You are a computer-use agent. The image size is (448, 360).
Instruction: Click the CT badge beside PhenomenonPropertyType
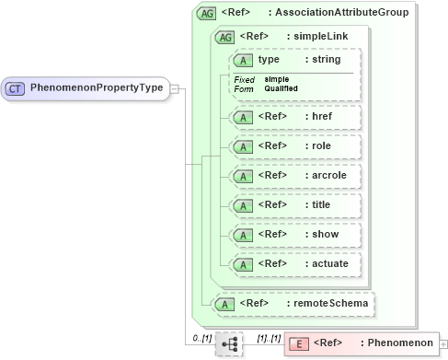pyautogui.click(x=16, y=88)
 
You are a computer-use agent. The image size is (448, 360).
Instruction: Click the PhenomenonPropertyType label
pyautogui.click(x=97, y=88)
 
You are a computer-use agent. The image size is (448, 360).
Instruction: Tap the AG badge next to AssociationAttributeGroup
pyautogui.click(x=207, y=14)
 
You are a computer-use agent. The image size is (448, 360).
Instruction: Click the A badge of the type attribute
pyautogui.click(x=243, y=61)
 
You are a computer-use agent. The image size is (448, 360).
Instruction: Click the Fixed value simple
pyautogui.click(x=276, y=79)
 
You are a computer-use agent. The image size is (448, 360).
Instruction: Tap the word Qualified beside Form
pyautogui.click(x=281, y=88)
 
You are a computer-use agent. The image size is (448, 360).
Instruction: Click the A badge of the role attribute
pyautogui.click(x=243, y=146)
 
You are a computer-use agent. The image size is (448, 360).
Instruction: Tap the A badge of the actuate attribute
pyautogui.click(x=243, y=264)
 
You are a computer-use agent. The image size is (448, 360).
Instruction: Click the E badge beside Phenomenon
pyautogui.click(x=298, y=343)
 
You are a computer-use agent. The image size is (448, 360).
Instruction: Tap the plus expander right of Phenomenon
pyautogui.click(x=444, y=344)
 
